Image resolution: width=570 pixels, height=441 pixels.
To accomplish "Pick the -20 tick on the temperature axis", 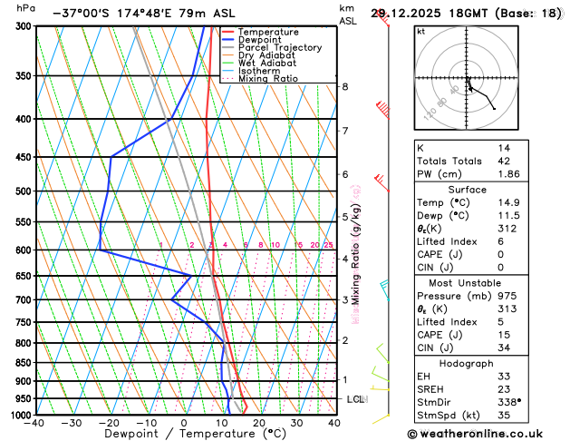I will pyautogui.click(x=110, y=422).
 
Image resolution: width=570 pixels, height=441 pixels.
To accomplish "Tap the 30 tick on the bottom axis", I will pyautogui.click(x=296, y=422).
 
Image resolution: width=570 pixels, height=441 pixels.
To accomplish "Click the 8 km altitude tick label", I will pyautogui.click(x=344, y=86).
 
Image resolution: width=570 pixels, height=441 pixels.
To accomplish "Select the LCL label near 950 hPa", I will pyautogui.click(x=355, y=399).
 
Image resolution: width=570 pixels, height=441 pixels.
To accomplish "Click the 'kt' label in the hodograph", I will pyautogui.click(x=420, y=31).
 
